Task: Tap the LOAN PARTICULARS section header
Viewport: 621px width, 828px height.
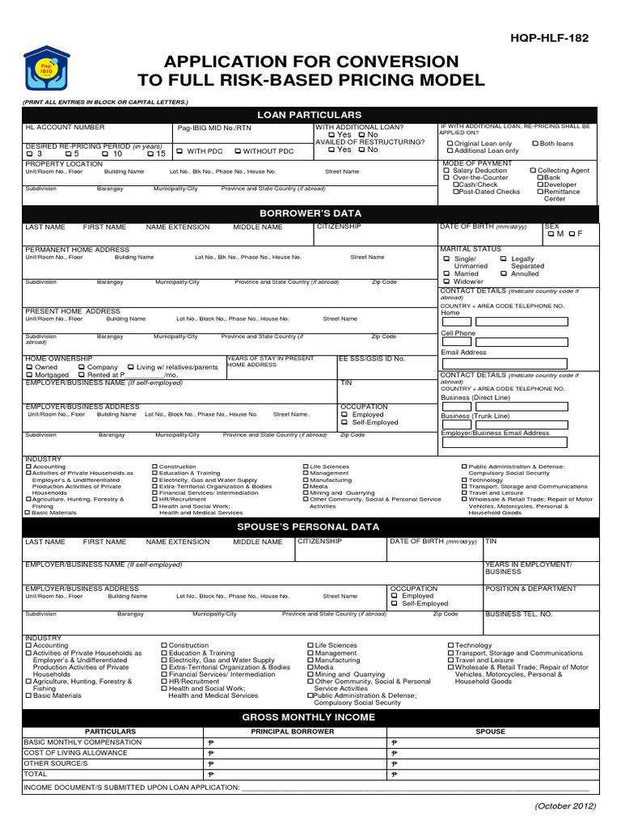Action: click(x=310, y=115)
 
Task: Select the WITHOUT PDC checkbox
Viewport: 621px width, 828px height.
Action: click(x=238, y=151)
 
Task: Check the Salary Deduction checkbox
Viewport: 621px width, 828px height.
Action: click(x=446, y=171)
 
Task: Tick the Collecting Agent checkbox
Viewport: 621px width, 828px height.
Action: click(x=533, y=171)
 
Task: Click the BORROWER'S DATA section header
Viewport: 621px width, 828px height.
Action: click(x=310, y=212)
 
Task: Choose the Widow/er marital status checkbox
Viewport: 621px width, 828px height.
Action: click(x=446, y=281)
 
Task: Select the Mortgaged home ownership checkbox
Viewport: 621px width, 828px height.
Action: click(x=29, y=375)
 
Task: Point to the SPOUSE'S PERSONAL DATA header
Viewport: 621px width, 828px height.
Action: click(x=310, y=526)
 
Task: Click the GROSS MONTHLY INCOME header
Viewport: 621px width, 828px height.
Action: click(x=310, y=717)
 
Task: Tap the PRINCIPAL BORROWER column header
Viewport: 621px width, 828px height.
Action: click(x=292, y=732)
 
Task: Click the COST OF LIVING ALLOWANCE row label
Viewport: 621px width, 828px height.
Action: click(x=66, y=753)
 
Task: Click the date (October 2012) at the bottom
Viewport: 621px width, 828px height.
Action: click(x=564, y=806)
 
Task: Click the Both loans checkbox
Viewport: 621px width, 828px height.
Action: click(x=534, y=144)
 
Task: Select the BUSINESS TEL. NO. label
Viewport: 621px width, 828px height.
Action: click(x=518, y=615)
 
